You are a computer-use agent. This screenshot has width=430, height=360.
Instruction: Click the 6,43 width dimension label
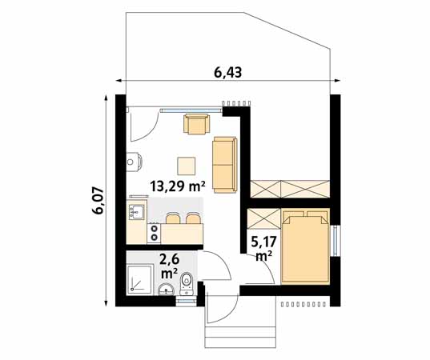pyautogui.click(x=228, y=73)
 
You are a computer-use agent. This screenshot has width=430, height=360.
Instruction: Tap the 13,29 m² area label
pyautogui.click(x=178, y=187)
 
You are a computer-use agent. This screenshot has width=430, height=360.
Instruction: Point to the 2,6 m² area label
pyautogui.click(x=169, y=266)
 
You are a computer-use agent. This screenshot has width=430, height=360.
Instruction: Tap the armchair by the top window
pyautogui.click(x=196, y=124)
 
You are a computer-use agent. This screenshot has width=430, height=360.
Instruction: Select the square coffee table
pyautogui.click(x=187, y=165)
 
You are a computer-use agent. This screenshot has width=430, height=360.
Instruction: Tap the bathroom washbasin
pyautogui.click(x=167, y=290)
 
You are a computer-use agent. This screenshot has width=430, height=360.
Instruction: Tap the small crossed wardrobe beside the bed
pyautogui.click(x=262, y=218)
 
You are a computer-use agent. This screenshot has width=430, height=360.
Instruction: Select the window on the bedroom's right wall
pyautogui.click(x=335, y=239)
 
